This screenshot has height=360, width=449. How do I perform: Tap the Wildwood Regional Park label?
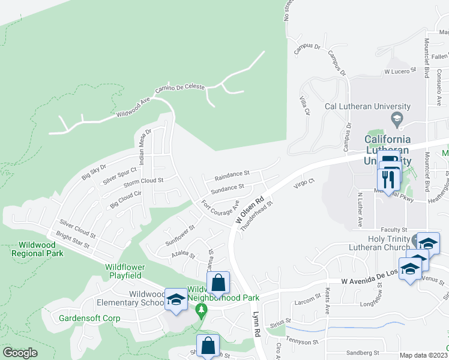[x=37, y=249]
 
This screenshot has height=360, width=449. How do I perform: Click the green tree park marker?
[x=202, y=310]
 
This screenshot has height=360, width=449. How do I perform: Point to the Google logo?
[x=20, y=353]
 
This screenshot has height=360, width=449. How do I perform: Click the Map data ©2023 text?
[x=423, y=355]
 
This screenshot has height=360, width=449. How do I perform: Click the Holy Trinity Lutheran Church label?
[x=384, y=243]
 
